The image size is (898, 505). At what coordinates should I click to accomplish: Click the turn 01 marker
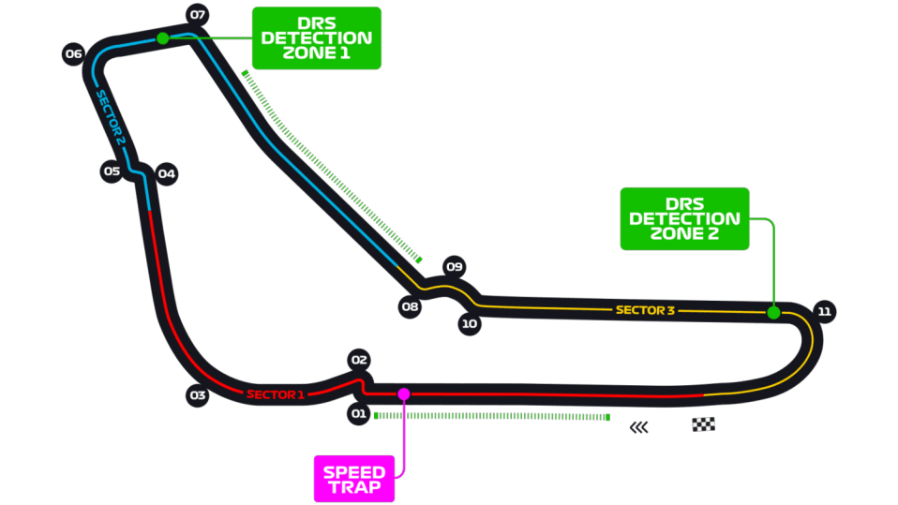[358, 413]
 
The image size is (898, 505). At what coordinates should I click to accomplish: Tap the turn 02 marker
[359, 360]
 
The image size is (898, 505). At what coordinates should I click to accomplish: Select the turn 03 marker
[198, 395]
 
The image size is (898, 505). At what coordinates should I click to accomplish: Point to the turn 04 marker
[167, 173]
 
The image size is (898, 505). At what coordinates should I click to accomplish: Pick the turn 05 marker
[112, 171]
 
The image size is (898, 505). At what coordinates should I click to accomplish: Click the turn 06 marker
[73, 53]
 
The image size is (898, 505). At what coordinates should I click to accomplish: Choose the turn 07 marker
[198, 15]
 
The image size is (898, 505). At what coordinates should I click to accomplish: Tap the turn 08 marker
[410, 306]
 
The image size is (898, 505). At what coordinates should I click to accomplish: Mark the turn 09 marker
[455, 266]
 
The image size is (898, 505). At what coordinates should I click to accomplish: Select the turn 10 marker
[470, 323]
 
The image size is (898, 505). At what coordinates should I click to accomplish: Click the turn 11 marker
[824, 311]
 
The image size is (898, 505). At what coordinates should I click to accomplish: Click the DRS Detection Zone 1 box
[317, 38]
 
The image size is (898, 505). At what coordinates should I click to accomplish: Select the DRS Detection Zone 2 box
[684, 218]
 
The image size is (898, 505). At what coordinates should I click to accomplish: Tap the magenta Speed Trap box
[354, 480]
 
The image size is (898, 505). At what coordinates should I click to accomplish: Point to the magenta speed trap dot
[404, 394]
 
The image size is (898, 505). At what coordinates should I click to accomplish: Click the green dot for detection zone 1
[163, 38]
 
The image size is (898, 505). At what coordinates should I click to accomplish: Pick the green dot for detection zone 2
[773, 313]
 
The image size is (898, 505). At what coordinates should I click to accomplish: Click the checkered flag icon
[703, 424]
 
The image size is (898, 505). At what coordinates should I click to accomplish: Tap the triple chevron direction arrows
[638, 427]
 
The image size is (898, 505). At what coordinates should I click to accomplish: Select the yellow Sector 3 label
[646, 310]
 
